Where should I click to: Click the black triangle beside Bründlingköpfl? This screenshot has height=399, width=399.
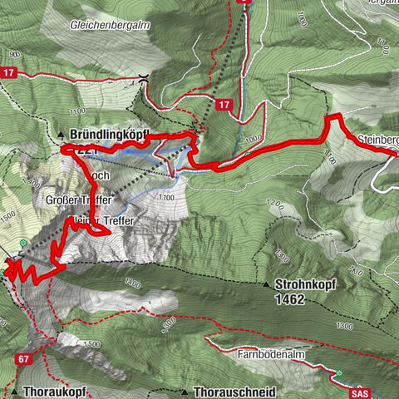tap(61, 134)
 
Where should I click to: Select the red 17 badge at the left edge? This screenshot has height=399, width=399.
tap(8, 73)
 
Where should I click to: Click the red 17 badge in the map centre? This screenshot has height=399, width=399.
tap(224, 105)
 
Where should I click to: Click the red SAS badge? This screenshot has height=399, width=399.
tap(359, 392)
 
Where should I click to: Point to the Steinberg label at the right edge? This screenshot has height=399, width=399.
tap(378, 139)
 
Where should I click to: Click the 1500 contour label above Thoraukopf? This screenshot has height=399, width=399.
tap(91, 344)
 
